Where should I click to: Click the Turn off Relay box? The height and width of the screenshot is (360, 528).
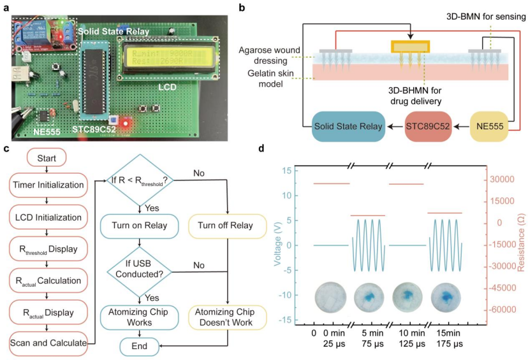[x=227, y=226]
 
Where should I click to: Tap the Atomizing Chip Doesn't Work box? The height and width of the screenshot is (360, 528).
[x=227, y=317]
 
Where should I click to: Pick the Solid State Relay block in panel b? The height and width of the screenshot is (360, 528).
[x=347, y=126]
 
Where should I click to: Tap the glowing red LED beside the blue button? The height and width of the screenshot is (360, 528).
[x=126, y=122]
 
